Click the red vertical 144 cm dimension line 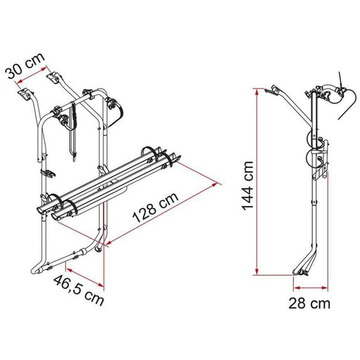tap(257, 182)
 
